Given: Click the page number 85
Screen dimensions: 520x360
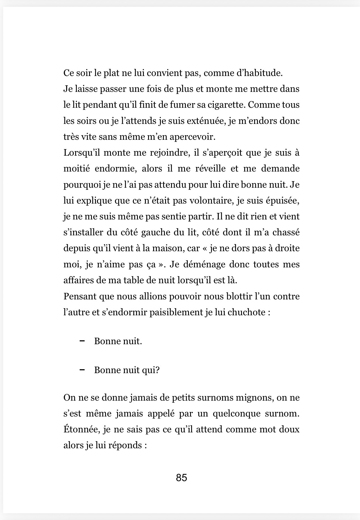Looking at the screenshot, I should [x=181, y=478].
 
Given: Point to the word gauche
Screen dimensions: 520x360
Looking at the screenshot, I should [x=155, y=232].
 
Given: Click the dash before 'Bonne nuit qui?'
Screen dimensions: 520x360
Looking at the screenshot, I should [x=83, y=370].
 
